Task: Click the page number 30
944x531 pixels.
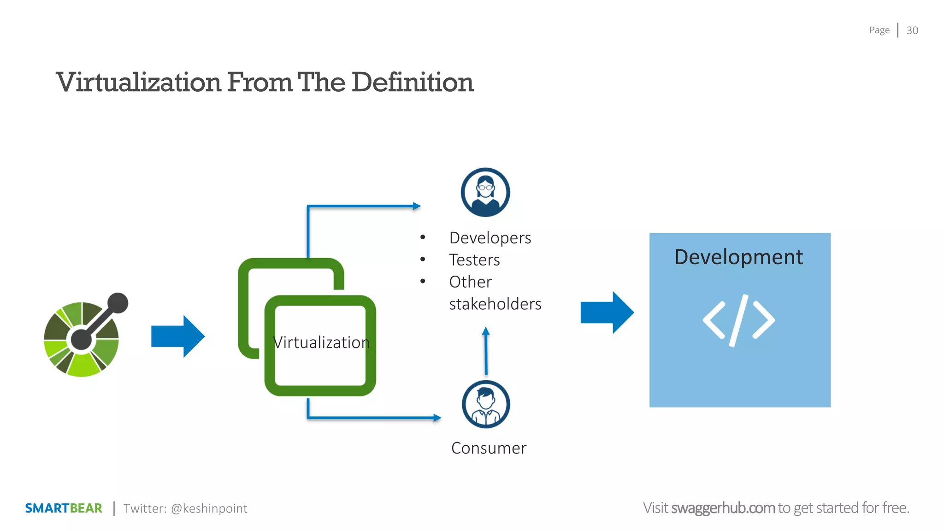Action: [x=912, y=30]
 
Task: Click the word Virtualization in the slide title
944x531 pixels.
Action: [x=139, y=83]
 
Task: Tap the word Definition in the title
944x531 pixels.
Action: [x=413, y=83]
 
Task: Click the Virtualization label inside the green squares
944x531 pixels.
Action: [x=321, y=342]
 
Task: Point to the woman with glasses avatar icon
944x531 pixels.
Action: [x=485, y=192]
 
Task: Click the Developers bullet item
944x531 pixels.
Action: [x=490, y=238]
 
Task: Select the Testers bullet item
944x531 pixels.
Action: [x=474, y=260]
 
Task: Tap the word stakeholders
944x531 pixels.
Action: [x=495, y=304]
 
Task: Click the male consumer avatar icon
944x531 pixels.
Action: [x=485, y=404]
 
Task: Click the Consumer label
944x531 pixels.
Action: [x=489, y=448]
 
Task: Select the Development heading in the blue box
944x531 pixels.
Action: [x=738, y=257]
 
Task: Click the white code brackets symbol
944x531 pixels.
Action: [x=738, y=320]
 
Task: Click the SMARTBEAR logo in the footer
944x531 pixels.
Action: [x=64, y=508]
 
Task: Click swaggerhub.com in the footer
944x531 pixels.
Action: [x=722, y=508]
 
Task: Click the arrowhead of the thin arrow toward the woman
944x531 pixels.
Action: [x=417, y=206]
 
